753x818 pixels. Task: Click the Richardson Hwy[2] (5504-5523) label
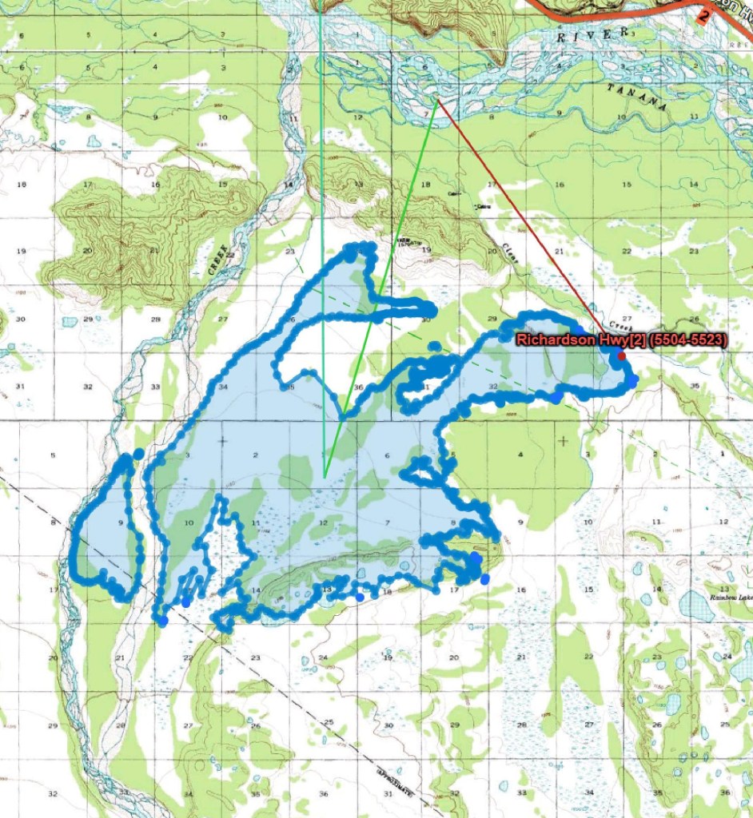point(620,340)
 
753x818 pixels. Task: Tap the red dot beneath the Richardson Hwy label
point(621,355)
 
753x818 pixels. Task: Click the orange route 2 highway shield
point(703,14)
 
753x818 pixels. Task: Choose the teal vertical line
point(322,240)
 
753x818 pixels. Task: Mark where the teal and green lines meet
point(325,476)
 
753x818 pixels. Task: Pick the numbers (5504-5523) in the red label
point(688,340)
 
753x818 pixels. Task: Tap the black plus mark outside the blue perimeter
point(564,440)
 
